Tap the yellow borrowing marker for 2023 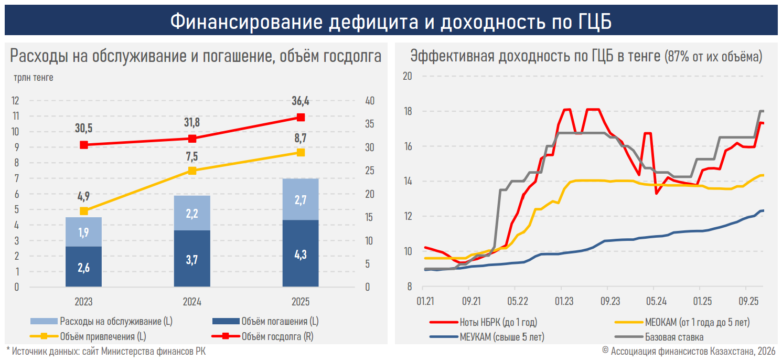[x=83, y=211]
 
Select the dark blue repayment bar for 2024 [x=192, y=258]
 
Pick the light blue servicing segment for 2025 [x=301, y=199]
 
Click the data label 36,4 [x=301, y=101]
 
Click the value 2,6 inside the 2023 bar [x=83, y=267]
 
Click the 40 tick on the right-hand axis [x=369, y=101]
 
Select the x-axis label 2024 [x=192, y=302]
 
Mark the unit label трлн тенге [x=34, y=78]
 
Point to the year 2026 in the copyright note [x=765, y=351]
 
